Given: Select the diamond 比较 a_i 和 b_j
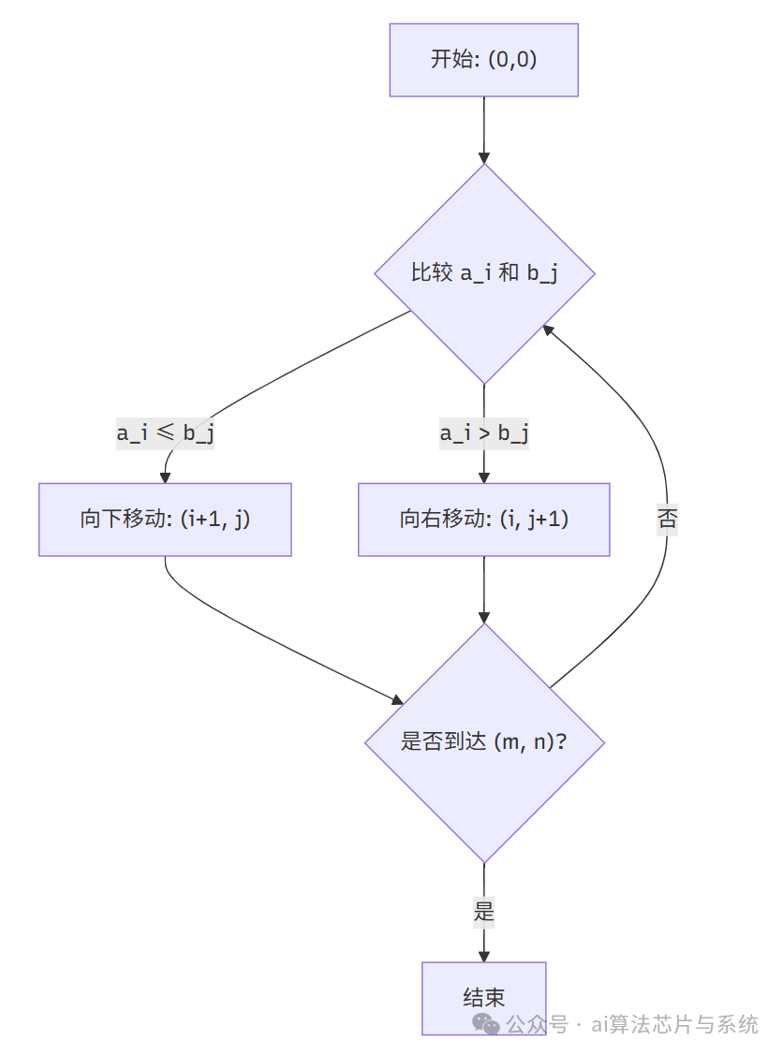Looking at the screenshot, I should [484, 273].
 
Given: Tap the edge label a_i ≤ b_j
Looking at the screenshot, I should [165, 433].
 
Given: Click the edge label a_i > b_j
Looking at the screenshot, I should [484, 433].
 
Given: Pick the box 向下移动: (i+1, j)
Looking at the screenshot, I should [165, 520].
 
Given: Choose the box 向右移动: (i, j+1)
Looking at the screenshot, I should [484, 520].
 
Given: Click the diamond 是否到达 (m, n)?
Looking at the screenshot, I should [484, 742].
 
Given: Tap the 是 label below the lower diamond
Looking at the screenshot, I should [484, 912].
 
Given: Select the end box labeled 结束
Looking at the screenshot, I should [484, 998].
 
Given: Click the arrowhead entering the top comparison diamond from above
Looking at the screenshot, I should [484, 156].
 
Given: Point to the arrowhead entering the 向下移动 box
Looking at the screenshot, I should [166, 476].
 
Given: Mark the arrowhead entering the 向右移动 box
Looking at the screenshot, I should [484, 476].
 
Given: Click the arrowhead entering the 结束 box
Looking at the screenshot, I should [484, 955].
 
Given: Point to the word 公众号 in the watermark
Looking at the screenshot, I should [537, 1024].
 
